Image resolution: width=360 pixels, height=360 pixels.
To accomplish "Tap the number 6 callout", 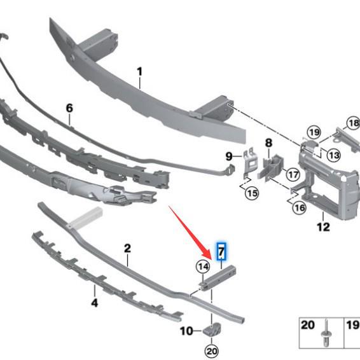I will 69,109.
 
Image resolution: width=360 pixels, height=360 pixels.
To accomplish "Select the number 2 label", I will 127,248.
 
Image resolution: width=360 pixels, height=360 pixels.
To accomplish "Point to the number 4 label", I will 94,303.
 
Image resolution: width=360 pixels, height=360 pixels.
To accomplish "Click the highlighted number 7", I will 221,252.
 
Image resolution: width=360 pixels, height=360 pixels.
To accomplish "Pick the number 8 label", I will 268,143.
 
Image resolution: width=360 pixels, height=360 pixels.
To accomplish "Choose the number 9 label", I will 229,156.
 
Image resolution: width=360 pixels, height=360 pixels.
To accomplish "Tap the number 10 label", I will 186,331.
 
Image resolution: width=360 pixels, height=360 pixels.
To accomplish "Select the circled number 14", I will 203,267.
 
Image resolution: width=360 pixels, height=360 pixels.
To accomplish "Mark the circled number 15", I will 252,191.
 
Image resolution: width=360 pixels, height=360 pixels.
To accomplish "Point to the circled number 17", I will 293,174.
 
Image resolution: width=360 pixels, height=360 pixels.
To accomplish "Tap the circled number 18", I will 352,123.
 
